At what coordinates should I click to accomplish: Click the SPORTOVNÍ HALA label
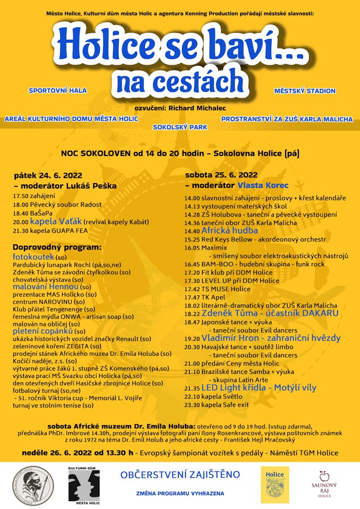tap(57, 91)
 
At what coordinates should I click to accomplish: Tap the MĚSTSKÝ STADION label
tap(305, 91)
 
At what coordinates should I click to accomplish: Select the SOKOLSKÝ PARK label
tap(180, 127)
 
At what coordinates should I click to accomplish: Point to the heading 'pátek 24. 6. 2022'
tap(48, 175)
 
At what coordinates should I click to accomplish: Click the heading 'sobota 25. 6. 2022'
tap(221, 175)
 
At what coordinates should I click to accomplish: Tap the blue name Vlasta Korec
tap(263, 186)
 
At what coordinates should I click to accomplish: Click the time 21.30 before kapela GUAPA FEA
tap(21, 230)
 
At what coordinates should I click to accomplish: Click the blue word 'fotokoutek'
tap(32, 256)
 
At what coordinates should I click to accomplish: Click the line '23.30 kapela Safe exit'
tap(216, 404)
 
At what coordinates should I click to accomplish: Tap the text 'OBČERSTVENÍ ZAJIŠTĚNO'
tap(180, 474)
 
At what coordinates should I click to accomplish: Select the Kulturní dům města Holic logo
tap(84, 485)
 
